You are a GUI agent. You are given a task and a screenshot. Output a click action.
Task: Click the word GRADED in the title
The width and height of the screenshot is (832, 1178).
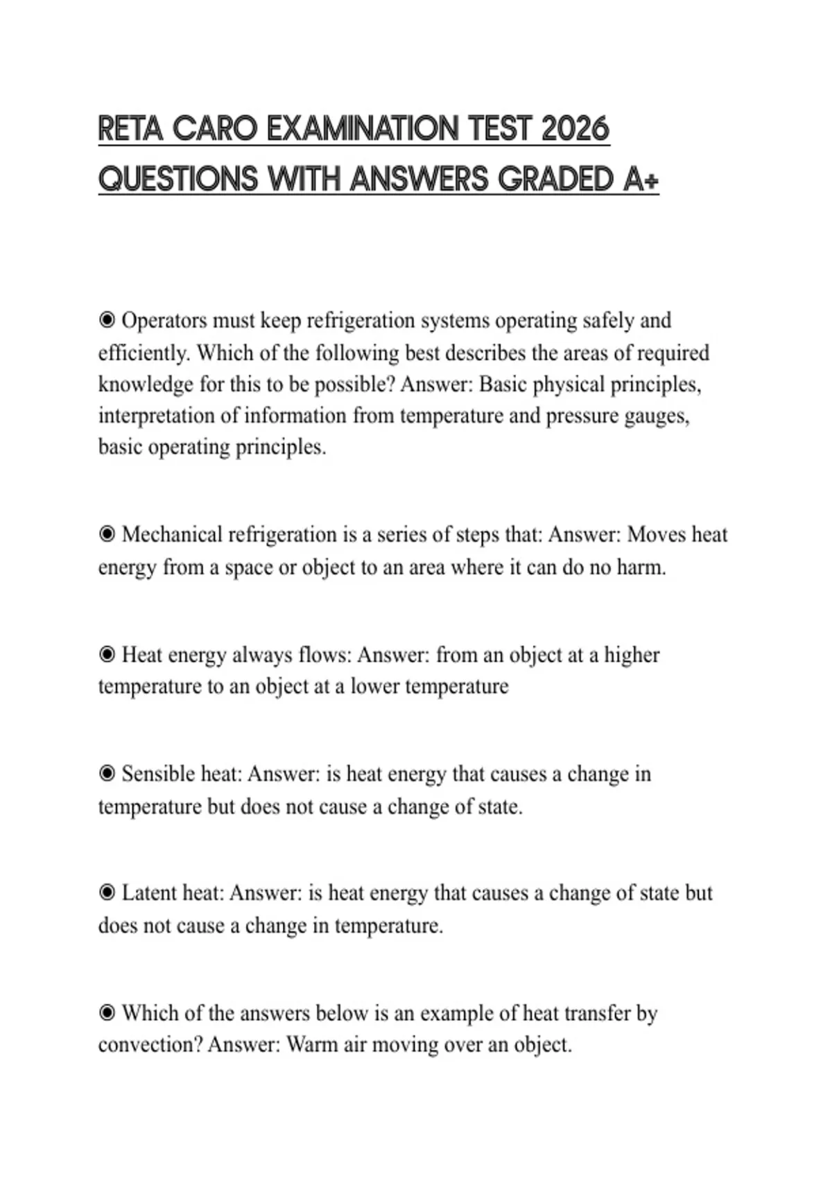pos(556,179)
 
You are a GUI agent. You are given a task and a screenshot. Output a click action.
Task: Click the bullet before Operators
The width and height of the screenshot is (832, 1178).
pos(107,320)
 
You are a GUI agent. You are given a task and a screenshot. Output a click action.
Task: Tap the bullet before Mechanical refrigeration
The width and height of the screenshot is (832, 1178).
pos(107,534)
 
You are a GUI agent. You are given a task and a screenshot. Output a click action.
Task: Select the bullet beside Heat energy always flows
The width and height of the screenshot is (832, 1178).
pos(107,654)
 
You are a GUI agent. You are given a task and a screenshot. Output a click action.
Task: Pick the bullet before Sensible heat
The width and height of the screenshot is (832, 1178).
pos(107,773)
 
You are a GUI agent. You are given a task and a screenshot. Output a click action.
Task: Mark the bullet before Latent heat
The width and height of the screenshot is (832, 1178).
pos(107,893)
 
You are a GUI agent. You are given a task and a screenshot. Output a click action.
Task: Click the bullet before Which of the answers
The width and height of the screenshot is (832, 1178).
pos(107,1013)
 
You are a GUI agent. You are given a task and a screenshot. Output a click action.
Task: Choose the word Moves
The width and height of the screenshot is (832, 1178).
pos(657,535)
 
